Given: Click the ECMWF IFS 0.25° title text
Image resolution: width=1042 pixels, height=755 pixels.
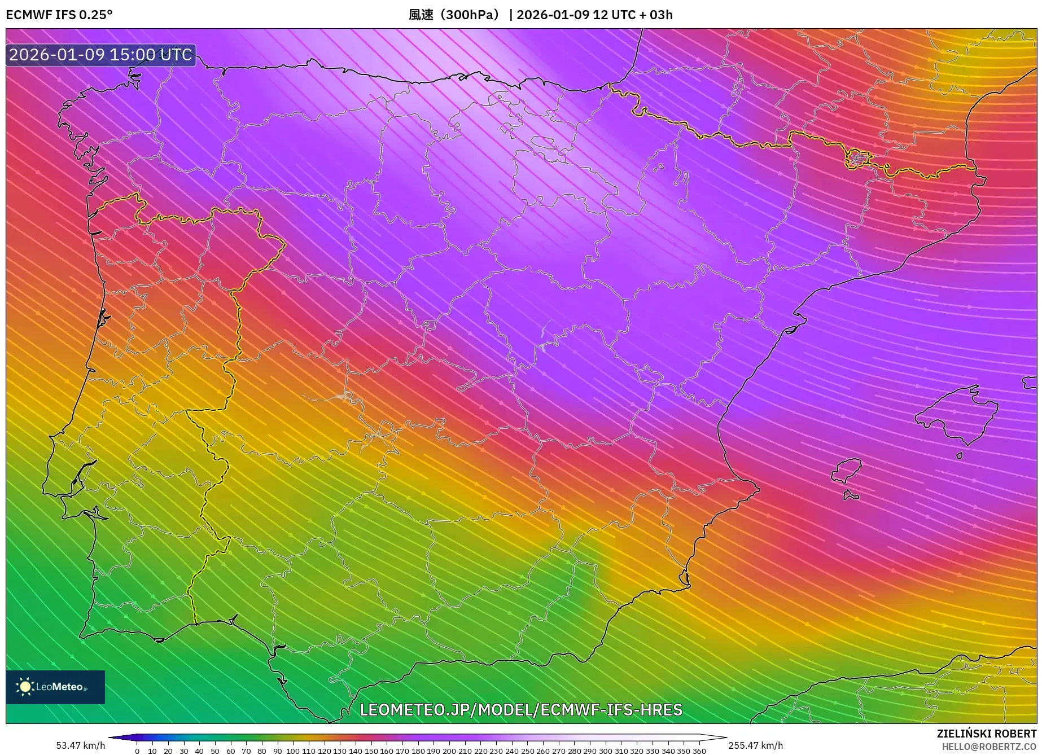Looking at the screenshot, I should click(x=59, y=15).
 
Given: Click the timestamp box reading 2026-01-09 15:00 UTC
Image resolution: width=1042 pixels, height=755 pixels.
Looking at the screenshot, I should click(x=101, y=55).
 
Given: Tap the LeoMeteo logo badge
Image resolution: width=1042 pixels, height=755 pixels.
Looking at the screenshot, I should click(x=55, y=687).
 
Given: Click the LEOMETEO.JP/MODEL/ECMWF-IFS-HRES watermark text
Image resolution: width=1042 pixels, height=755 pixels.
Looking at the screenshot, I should click(x=520, y=709).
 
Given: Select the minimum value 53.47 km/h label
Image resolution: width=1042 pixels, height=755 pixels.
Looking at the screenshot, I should click(x=80, y=745).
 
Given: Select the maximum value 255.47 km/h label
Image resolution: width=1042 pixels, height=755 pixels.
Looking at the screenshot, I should click(x=755, y=745).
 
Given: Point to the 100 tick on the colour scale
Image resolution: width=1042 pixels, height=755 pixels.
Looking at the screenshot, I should click(x=292, y=751).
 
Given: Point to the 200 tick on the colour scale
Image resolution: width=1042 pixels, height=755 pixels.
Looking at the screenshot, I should click(x=449, y=751).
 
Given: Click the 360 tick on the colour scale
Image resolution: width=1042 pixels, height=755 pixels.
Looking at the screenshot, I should click(x=699, y=751).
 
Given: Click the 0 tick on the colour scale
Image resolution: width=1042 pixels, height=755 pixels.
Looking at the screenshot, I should click(x=137, y=751).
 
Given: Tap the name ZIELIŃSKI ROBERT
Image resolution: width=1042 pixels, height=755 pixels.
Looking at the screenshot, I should click(x=986, y=734).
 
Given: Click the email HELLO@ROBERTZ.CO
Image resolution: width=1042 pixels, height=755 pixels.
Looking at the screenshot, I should click(x=989, y=747).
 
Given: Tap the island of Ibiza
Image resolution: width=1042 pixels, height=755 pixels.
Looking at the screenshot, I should click(x=847, y=470).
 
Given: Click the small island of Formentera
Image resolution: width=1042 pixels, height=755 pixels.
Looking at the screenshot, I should click(x=851, y=496).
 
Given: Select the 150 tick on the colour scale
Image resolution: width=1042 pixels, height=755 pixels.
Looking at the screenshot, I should click(x=371, y=751).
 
